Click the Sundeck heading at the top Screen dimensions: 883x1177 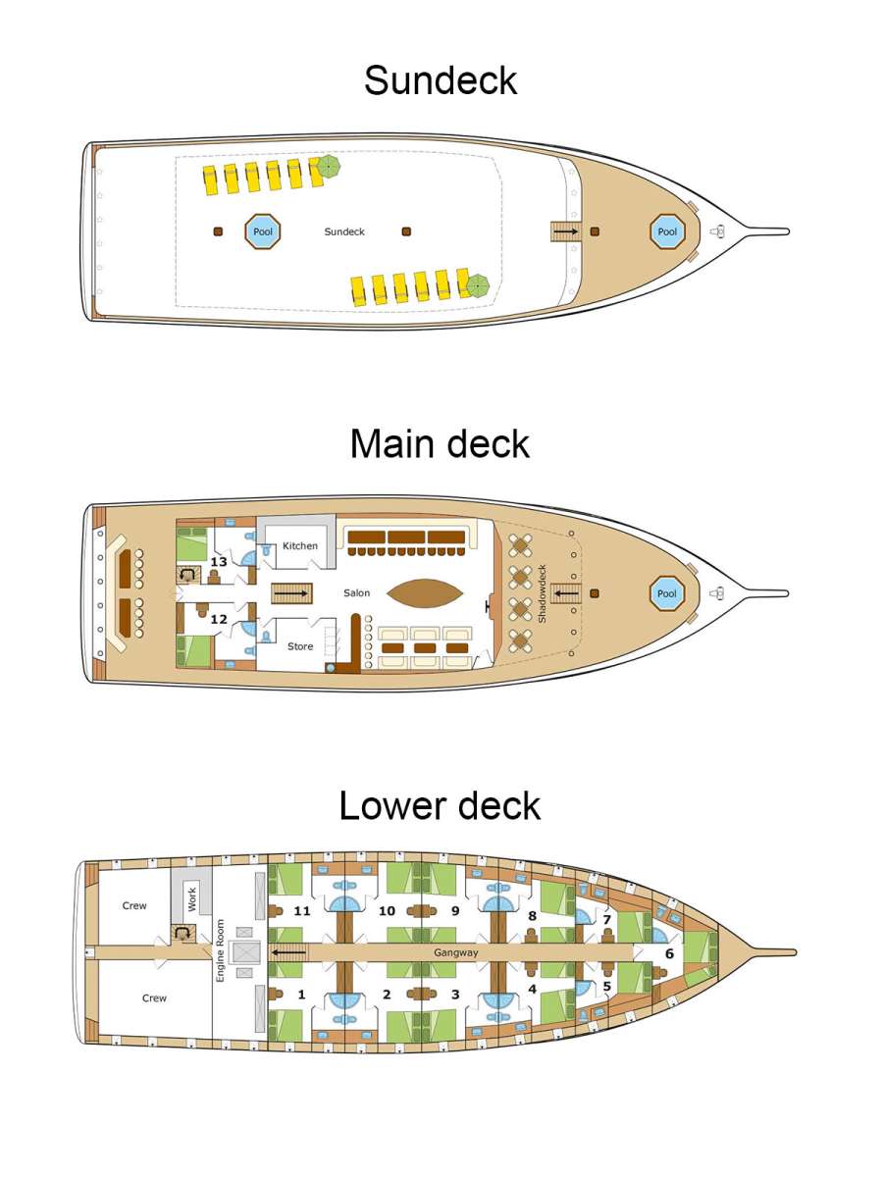pyautogui.click(x=441, y=80)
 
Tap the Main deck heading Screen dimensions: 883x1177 pyautogui.click(x=441, y=444)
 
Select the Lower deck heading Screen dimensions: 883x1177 pyautogui.click(x=441, y=805)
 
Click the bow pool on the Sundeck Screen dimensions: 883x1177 pyautogui.click(x=667, y=231)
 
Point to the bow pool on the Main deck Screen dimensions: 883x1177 pyautogui.click(x=667, y=593)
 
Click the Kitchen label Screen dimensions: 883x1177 pyautogui.click(x=300, y=546)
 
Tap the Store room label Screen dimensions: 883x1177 pyautogui.click(x=300, y=646)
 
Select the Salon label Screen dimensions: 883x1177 pyautogui.click(x=357, y=593)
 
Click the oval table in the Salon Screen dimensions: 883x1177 pyautogui.click(x=425, y=593)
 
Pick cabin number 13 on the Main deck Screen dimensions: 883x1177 pyautogui.click(x=219, y=562)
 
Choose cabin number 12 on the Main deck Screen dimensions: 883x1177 pyautogui.click(x=219, y=619)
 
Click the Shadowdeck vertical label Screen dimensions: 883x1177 pyautogui.click(x=542, y=593)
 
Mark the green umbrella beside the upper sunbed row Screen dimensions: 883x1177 pyautogui.click(x=328, y=167)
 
